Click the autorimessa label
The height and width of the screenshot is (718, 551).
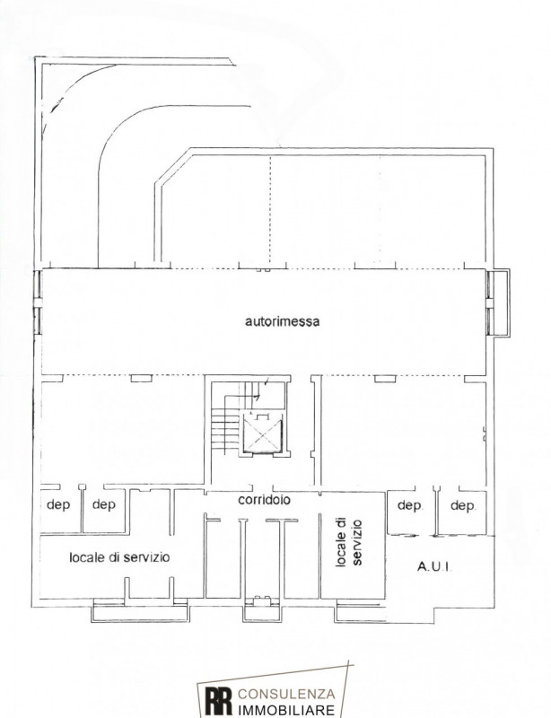click(282, 321)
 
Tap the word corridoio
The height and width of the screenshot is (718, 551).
click(264, 500)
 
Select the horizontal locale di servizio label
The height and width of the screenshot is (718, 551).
click(119, 557)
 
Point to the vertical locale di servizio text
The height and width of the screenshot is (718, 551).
click(348, 543)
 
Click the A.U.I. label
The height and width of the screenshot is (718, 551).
click(434, 567)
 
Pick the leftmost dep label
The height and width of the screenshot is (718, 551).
click(58, 505)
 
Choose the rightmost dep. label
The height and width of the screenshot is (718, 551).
click(463, 506)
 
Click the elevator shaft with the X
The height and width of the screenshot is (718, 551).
click(262, 433)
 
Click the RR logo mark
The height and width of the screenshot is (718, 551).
click(218, 701)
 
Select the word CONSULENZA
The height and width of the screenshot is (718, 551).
click(286, 694)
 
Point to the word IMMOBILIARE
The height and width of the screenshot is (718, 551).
click(286, 710)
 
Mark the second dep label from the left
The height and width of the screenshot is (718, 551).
click(104, 505)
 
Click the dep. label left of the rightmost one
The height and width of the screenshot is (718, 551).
click(410, 506)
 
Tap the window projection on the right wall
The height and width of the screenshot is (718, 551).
click(498, 303)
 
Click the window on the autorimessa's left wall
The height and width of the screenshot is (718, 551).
click(38, 302)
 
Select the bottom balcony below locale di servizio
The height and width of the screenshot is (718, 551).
click(140, 612)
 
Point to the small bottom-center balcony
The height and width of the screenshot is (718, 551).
click(260, 610)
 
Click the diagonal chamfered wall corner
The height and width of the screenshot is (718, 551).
click(172, 165)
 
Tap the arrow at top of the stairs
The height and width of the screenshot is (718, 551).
click(266, 381)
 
